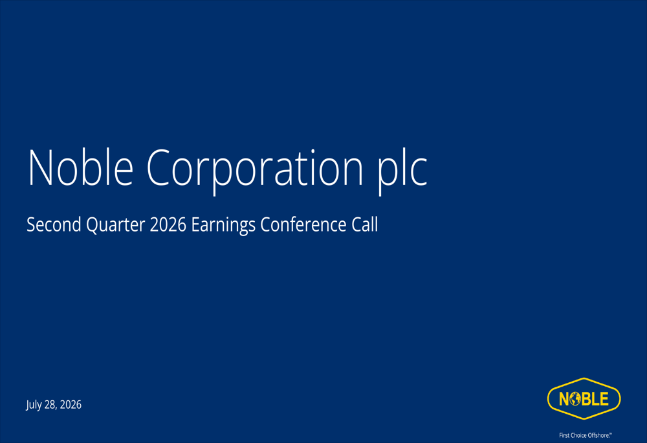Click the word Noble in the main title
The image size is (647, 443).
pos(80,167)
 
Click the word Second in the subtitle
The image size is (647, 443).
pos(54,224)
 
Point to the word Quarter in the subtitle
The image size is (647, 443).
pos(116,225)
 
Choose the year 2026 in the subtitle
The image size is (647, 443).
pos(168,225)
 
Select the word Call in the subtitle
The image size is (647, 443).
pos(365,224)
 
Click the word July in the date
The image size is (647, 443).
pos(34,405)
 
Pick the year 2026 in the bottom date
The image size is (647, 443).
pos(71,405)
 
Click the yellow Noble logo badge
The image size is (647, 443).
pos(584,398)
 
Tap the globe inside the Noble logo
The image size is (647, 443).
pos(576,399)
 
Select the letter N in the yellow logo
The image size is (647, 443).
pos(564,399)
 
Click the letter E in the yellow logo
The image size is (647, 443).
pos(604,399)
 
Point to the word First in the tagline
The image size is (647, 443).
pos(564,435)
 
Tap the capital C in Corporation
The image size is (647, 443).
pos(157,167)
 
